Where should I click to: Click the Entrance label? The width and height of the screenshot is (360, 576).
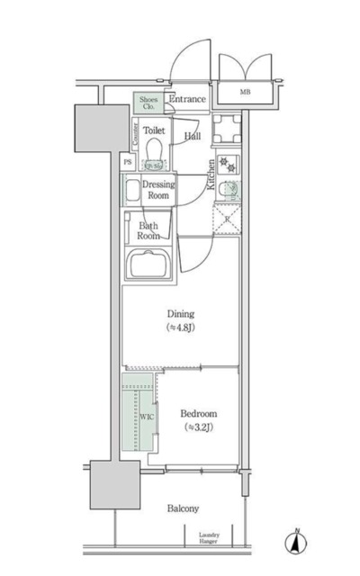coord(188,99)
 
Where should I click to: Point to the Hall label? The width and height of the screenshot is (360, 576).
coord(193,136)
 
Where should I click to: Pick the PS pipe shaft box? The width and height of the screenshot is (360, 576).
coord(128,162)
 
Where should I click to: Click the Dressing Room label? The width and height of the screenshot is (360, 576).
coord(159,190)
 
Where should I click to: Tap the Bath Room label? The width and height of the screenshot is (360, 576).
coord(149,230)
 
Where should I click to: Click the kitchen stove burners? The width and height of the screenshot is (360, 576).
coord(227,163)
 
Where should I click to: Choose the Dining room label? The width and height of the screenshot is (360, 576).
coord(180,314)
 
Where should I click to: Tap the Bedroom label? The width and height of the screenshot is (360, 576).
coord(199,414)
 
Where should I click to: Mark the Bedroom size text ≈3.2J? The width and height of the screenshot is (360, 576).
coord(199,427)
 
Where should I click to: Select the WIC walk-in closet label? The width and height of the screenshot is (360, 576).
coord(146,417)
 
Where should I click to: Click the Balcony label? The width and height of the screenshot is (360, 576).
coord(183,508)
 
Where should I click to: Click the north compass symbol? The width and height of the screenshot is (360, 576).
coord(295,543)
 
